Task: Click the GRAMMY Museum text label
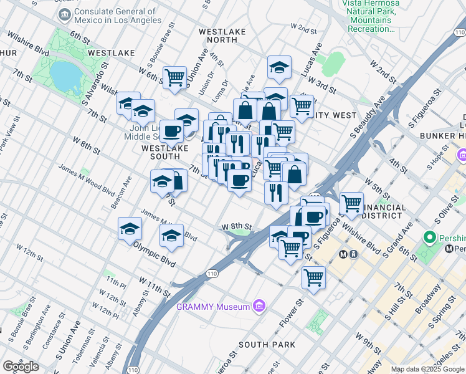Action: (x=213, y=306)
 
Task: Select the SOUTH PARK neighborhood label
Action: (x=267, y=345)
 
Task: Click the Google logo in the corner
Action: (x=21, y=366)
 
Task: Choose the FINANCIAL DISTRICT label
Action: (x=382, y=211)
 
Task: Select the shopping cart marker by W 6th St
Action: (x=175, y=77)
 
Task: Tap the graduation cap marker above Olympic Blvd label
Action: (x=171, y=236)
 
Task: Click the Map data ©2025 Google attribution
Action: (x=427, y=369)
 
